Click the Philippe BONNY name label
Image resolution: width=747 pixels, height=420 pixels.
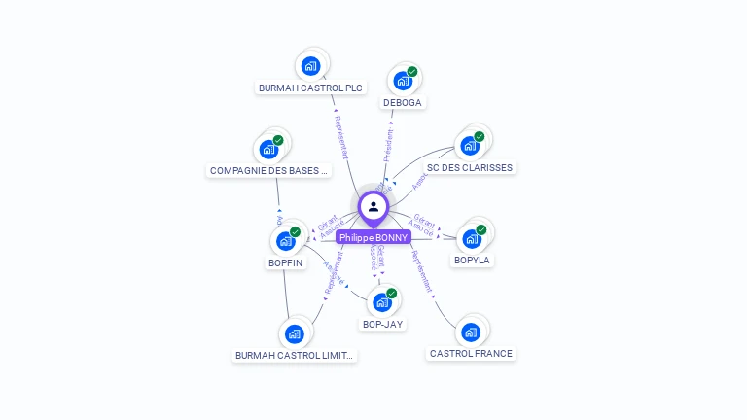click(x=373, y=237)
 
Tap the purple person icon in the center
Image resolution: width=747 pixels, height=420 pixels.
click(x=373, y=206)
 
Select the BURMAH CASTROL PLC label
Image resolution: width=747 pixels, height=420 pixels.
click(x=310, y=87)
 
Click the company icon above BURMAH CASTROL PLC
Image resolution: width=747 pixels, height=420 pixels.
click(x=310, y=66)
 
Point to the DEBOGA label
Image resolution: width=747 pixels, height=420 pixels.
click(x=403, y=102)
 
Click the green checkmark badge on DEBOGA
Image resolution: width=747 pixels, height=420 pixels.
click(x=412, y=72)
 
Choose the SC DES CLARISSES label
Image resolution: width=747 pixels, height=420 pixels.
click(x=470, y=167)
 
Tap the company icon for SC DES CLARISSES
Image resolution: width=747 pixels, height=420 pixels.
click(x=470, y=146)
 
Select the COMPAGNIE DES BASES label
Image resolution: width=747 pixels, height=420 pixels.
click(x=269, y=170)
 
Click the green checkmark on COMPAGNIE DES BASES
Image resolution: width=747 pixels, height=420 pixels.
click(x=278, y=141)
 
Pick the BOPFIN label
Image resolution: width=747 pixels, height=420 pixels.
click(x=285, y=262)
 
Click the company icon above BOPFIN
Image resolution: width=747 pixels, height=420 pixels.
click(x=285, y=240)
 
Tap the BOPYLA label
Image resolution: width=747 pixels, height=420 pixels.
click(x=473, y=260)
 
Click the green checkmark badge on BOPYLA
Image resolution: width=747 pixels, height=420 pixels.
click(x=480, y=230)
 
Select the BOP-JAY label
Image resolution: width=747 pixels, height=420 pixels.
click(x=382, y=324)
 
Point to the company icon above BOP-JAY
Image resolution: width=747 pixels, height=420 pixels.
click(x=381, y=301)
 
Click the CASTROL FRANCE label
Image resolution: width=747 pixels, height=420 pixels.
click(x=471, y=353)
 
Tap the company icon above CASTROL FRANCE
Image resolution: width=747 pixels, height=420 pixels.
click(x=471, y=332)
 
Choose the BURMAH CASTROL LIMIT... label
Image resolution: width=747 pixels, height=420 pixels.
click(x=295, y=355)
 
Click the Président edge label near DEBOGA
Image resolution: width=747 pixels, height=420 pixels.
click(x=389, y=145)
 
